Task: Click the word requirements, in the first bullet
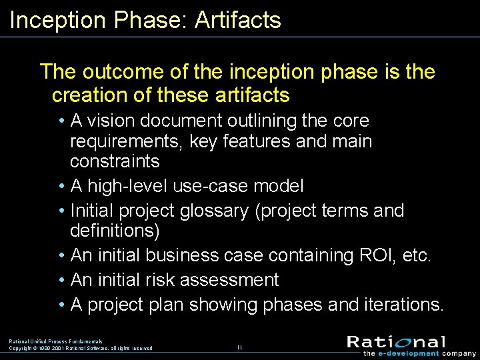(126, 141)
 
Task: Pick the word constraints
(115, 161)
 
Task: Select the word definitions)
(115, 231)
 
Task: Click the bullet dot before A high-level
(61, 186)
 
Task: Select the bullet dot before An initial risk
(61, 280)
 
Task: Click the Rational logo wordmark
(396, 342)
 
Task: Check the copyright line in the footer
(81, 348)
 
